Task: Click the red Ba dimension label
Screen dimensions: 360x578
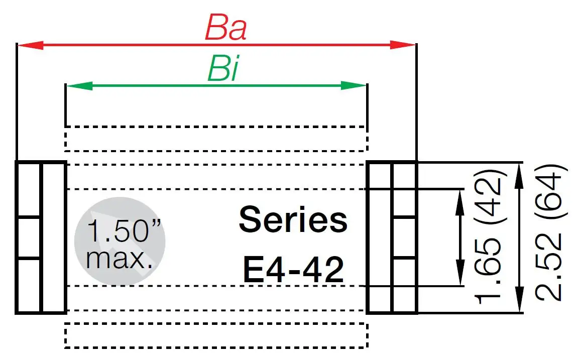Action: [x=225, y=29]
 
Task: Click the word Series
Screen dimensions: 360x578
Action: [x=293, y=220]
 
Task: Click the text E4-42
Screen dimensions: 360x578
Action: [x=293, y=270]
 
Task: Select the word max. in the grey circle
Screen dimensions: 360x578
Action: [x=120, y=259]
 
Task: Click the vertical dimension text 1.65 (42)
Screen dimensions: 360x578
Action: [x=488, y=233]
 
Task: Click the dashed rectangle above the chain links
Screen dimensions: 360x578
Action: [x=216, y=138]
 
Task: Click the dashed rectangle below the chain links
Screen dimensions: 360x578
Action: [x=216, y=335]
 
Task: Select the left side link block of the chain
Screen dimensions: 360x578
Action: [x=41, y=237]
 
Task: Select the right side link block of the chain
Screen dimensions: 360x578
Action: [x=392, y=237]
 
